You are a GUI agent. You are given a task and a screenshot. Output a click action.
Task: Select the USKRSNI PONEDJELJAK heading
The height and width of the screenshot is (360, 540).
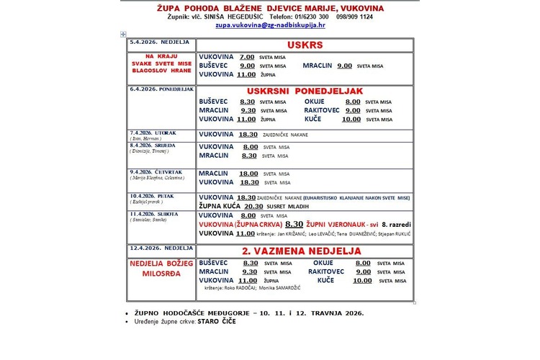(x=305, y=91)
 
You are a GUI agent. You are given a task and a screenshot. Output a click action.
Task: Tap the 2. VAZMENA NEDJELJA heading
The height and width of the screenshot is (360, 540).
(x=301, y=251)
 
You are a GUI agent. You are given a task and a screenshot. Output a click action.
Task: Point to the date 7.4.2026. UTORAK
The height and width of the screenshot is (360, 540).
(x=152, y=133)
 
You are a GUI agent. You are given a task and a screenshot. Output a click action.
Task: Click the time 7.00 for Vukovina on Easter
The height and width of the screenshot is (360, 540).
(x=247, y=56)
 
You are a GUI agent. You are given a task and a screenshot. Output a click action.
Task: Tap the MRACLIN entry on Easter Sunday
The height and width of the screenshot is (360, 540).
(x=317, y=65)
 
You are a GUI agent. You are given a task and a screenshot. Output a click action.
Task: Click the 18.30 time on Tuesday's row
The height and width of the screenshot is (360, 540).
(x=247, y=134)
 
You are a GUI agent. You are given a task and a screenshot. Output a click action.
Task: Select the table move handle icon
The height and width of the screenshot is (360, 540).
(x=124, y=34)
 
